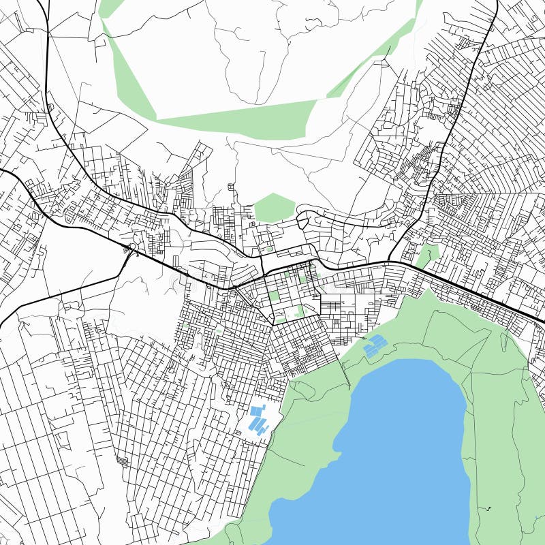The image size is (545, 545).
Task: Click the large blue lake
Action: point(402,450)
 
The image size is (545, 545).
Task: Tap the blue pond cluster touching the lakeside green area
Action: point(374,346)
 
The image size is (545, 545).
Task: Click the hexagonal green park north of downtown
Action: point(274,207)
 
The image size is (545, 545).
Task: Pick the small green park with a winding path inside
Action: point(427,255)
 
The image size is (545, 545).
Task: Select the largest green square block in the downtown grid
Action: point(274,296)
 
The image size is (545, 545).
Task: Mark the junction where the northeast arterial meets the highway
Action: point(390,261)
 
